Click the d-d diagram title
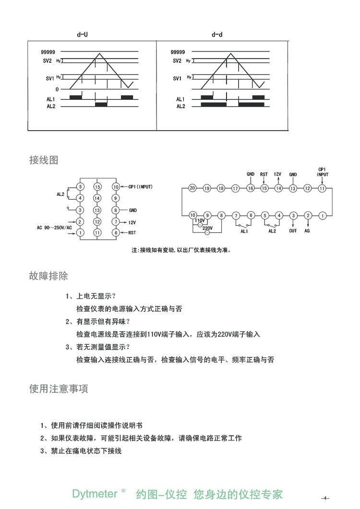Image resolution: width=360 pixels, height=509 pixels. (217, 35)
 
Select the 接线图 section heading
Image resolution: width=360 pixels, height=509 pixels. (44, 160)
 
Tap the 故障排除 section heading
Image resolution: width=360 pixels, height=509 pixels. (48, 276)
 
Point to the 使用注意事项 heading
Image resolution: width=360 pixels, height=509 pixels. (59, 389)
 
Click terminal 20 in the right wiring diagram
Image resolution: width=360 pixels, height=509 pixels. (192, 188)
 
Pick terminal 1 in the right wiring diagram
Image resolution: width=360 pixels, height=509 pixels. (323, 216)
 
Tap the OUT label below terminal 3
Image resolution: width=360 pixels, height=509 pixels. (293, 231)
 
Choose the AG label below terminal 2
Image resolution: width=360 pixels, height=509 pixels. (307, 231)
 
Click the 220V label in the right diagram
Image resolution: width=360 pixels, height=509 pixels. (208, 228)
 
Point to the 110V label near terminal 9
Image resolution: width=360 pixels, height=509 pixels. (200, 220)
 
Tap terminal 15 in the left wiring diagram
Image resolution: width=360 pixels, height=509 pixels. (97, 186)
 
